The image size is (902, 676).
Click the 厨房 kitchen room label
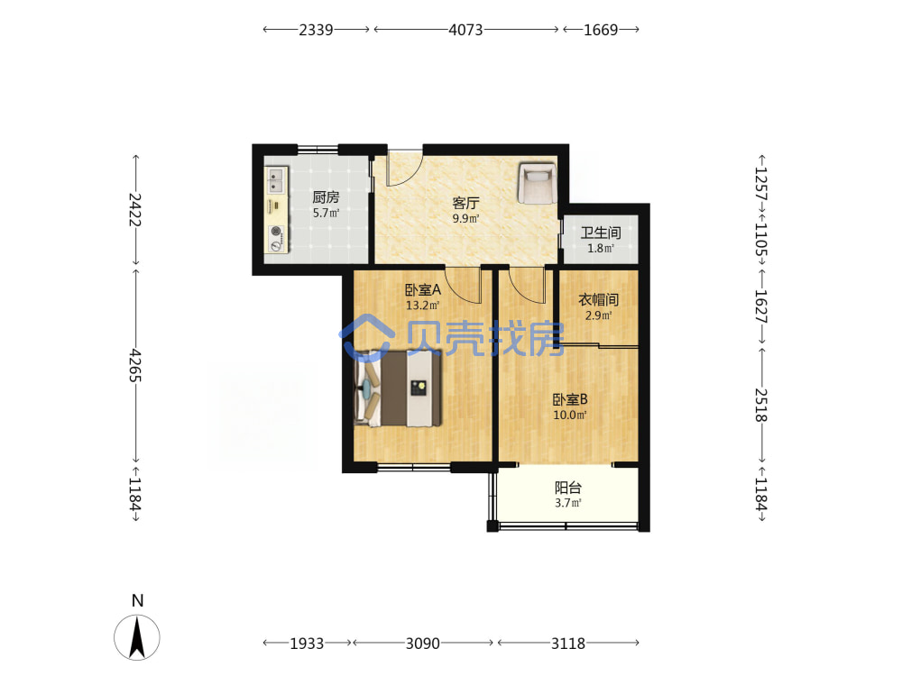(x=326, y=197)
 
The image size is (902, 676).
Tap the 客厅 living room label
(x=466, y=203)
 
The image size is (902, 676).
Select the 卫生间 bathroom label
(x=601, y=233)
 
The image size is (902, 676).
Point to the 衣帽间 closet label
(x=598, y=299)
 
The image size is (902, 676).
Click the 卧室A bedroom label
(x=423, y=289)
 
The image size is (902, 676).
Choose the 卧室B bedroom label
(x=570, y=399)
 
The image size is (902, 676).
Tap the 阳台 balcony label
(x=568, y=488)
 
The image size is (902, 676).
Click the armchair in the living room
(x=538, y=183)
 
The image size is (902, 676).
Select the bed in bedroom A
(x=398, y=388)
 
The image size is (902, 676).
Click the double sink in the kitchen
(x=276, y=180)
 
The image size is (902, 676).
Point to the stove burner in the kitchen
(x=277, y=232)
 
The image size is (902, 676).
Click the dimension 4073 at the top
(x=466, y=30)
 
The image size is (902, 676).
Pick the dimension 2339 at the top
(x=316, y=30)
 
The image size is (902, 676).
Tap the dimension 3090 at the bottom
(x=423, y=644)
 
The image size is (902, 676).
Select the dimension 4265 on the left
(x=135, y=365)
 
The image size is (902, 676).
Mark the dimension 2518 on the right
(x=761, y=405)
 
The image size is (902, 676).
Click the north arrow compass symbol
(x=137, y=637)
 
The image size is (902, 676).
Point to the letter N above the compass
(x=137, y=600)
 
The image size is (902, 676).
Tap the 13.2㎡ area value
(x=423, y=306)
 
